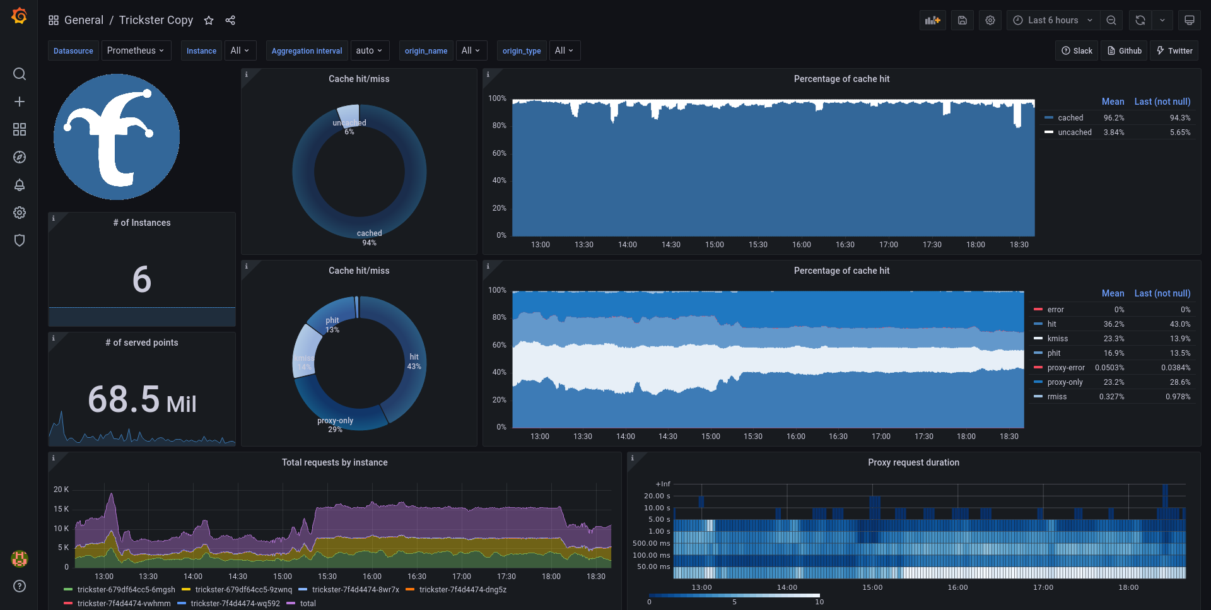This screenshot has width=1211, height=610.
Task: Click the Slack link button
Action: pyautogui.click(x=1077, y=50)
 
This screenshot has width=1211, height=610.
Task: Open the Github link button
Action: pyautogui.click(x=1125, y=50)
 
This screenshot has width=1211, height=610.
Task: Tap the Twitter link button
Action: pyautogui.click(x=1174, y=50)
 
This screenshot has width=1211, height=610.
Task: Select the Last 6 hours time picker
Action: pyautogui.click(x=1053, y=20)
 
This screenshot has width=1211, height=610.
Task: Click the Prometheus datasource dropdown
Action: pyautogui.click(x=136, y=50)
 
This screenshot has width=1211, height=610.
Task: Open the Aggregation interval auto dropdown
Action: pyautogui.click(x=370, y=50)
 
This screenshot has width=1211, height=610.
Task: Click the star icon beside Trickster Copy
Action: pyautogui.click(x=209, y=20)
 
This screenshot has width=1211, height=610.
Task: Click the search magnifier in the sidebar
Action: pyautogui.click(x=20, y=74)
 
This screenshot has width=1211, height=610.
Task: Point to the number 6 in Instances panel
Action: pyautogui.click(x=142, y=279)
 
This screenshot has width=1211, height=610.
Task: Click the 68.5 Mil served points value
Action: pyautogui.click(x=142, y=399)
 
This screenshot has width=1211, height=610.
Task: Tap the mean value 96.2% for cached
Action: pyautogui.click(x=1114, y=118)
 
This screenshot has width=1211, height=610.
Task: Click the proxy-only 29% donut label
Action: pyautogui.click(x=335, y=425)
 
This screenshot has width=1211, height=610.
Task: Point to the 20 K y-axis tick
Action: pyautogui.click(x=61, y=490)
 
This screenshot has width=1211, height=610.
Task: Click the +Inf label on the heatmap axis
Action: pyautogui.click(x=663, y=484)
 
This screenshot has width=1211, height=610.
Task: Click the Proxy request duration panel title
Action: pyautogui.click(x=913, y=462)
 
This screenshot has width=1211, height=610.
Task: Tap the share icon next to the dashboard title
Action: pyautogui.click(x=230, y=20)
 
